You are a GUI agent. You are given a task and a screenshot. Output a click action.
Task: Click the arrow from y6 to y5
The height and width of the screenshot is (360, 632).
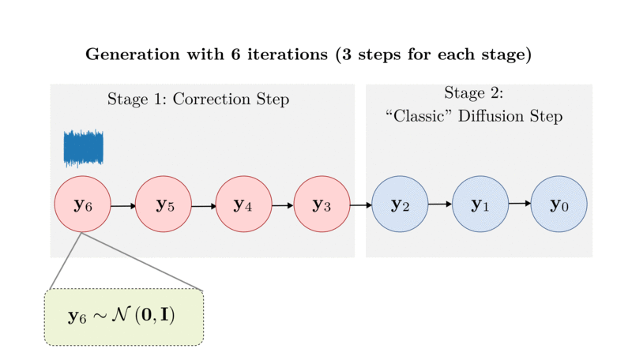coord(123,206)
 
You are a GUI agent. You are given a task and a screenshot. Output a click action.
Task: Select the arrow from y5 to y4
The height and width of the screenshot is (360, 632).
coord(204,206)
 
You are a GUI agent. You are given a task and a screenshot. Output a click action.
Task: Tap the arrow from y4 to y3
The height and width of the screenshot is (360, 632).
coord(283,206)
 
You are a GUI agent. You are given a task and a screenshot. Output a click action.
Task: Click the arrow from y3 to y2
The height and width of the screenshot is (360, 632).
coord(361,206)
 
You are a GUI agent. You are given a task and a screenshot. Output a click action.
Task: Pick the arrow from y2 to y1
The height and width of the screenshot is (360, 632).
coord(440,204)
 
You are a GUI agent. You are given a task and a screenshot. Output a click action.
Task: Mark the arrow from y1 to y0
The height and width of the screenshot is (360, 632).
coord(519,204)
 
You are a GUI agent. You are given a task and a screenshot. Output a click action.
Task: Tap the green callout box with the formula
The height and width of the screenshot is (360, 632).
coord(124,317)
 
